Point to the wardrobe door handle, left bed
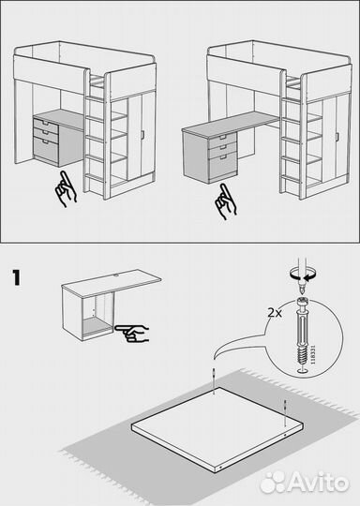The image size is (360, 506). click(142, 136)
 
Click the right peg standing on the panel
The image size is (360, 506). click(285, 405)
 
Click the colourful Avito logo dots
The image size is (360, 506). click(273, 481)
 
